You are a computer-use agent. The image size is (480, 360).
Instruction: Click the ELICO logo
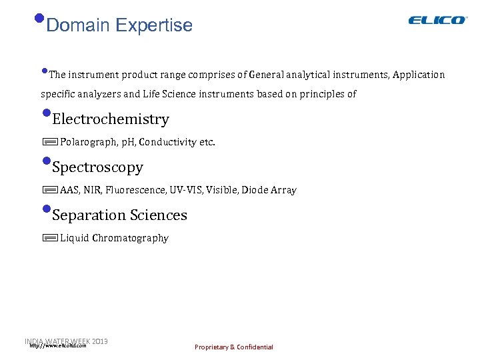coord(437,20)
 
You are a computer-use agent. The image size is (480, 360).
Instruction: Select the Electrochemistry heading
coord(110,119)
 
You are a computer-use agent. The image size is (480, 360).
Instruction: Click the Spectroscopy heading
coord(97,167)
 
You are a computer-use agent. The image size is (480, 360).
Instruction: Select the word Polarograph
coord(84,142)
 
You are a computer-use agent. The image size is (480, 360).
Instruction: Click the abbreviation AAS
coord(69,190)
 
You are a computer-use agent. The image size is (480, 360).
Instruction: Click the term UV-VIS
coord(185,190)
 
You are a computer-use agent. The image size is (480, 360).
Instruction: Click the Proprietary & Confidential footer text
coord(233,347)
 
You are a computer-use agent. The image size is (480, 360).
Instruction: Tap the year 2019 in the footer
coord(101,341)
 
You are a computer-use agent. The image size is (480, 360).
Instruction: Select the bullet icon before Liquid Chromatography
coord(49,238)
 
